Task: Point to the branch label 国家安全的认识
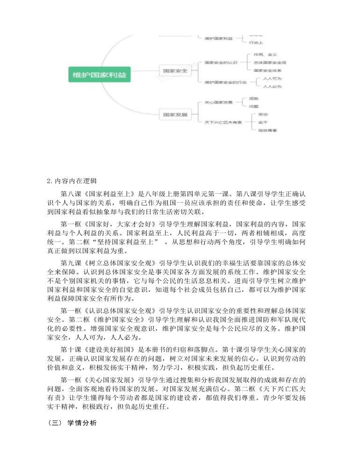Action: coord(221,62)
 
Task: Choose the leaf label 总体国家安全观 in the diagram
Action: coord(270,62)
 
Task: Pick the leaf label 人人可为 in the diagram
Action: coord(272,79)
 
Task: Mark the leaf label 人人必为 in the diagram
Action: coord(272,87)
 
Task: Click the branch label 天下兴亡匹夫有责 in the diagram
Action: coord(223,122)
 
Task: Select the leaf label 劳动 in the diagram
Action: coord(263,114)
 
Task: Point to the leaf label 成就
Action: coord(253,99)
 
